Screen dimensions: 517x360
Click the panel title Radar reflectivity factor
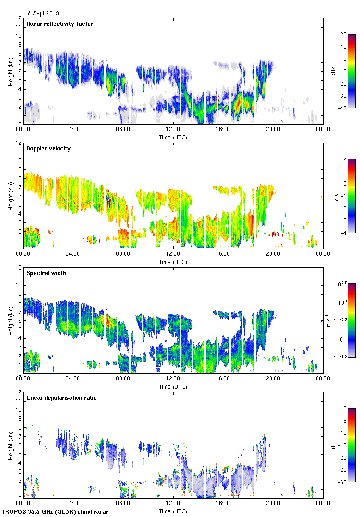pos(60,24)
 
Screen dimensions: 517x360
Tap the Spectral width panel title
pos(46,273)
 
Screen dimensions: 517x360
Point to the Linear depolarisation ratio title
pos(61,398)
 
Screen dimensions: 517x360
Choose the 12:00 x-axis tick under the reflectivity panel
pos(173,130)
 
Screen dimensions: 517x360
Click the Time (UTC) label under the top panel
pos(173,137)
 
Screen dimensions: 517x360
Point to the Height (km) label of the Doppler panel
pos(11,196)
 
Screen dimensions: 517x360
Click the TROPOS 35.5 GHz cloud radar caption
pos(55,512)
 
